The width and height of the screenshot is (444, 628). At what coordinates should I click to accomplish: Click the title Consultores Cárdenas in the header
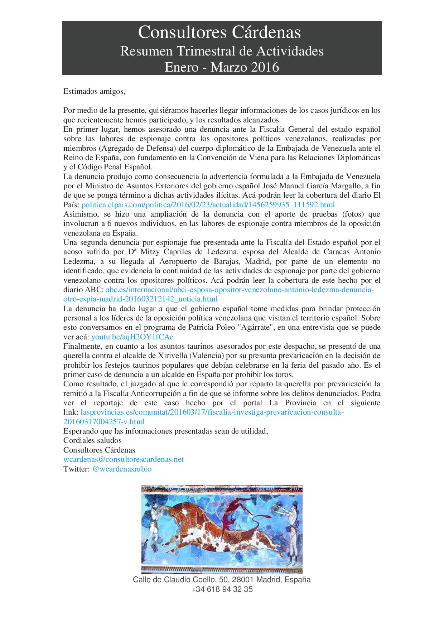[219, 33]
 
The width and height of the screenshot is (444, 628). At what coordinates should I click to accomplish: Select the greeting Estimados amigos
[95, 91]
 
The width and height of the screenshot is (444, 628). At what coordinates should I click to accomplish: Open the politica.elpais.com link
[208, 205]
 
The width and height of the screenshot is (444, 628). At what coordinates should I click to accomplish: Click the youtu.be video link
[132, 337]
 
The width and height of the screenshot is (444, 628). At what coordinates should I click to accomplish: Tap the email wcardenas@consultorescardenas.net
[124, 459]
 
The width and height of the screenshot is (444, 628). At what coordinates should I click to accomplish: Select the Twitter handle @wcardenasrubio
[122, 469]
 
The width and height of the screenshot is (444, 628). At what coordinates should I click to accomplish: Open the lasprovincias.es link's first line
[212, 412]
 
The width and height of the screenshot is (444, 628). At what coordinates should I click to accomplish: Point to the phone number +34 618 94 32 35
[222, 589]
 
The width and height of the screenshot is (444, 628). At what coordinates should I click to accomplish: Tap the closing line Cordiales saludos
[92, 440]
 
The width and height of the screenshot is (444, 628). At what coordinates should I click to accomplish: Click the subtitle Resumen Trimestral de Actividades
[222, 52]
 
